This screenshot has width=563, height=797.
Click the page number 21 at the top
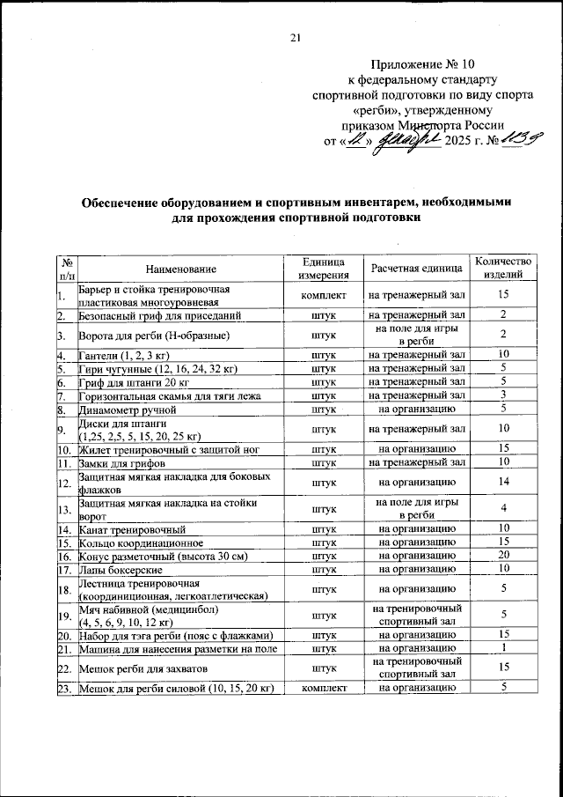[x=295, y=37]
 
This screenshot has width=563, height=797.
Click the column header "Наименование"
[x=181, y=268]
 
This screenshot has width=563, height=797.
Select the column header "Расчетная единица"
[x=415, y=268]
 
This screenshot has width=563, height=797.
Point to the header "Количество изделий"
[x=503, y=268]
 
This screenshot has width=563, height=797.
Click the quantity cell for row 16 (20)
[x=503, y=557]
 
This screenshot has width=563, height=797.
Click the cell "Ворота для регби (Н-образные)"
[x=155, y=336]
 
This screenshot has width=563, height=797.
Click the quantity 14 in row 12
[x=503, y=483]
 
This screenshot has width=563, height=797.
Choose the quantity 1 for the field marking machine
[x=503, y=649]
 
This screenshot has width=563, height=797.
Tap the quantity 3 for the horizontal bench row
[x=503, y=396]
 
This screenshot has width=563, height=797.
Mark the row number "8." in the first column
[x=61, y=410]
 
